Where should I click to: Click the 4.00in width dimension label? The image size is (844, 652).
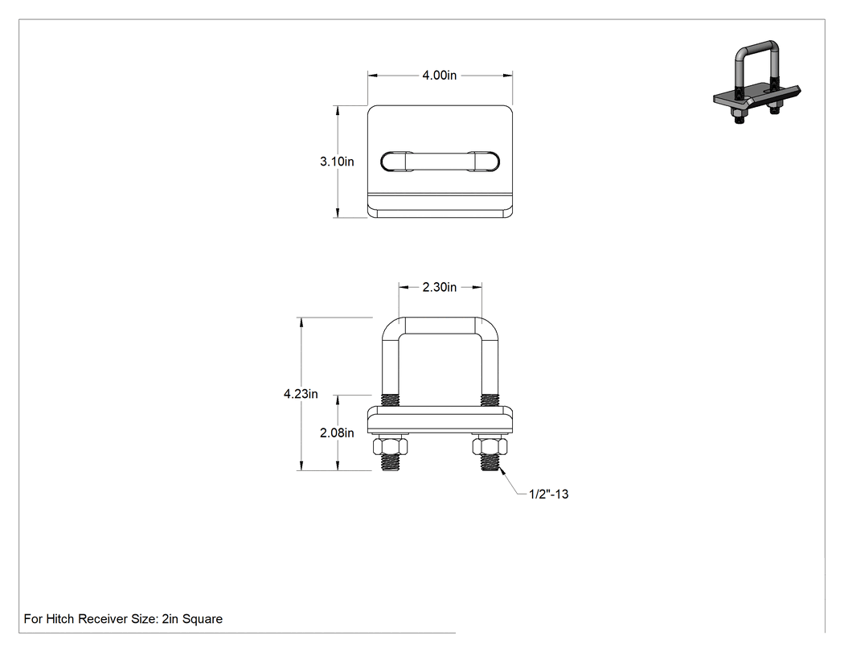(439, 76)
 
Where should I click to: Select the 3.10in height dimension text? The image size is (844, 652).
(337, 162)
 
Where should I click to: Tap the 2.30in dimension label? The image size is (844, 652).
(439, 288)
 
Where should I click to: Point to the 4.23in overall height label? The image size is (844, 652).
(301, 394)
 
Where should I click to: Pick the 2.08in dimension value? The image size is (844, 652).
(337, 433)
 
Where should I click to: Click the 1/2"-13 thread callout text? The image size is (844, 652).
(548, 494)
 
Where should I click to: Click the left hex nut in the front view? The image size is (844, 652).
(391, 447)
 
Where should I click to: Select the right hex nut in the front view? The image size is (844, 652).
(490, 447)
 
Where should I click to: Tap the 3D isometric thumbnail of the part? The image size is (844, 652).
(757, 84)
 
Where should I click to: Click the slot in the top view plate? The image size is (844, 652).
(440, 162)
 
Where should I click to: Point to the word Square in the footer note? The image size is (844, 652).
(203, 619)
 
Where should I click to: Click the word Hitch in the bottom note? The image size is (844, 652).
(59, 619)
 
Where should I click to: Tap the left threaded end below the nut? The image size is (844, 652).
(391, 463)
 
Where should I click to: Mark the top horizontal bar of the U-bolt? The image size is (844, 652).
(440, 326)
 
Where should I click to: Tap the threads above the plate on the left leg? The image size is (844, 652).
(391, 400)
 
